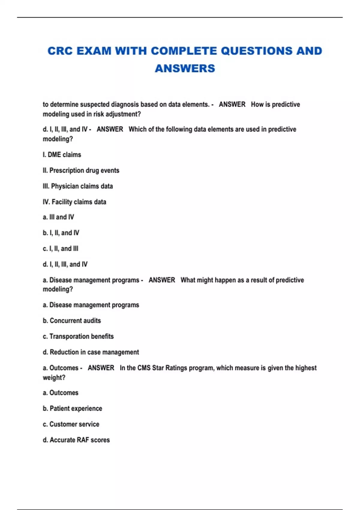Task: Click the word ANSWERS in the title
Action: point(185,68)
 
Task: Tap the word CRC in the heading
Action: point(60,51)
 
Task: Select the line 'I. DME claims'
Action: point(62,155)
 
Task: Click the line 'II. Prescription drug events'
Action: point(81,170)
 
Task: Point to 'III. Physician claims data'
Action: point(78,186)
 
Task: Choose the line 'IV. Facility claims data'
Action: point(74,202)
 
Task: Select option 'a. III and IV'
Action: point(58,217)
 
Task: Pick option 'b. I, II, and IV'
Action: point(61,233)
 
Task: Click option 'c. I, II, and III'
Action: point(60,249)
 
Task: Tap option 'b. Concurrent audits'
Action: point(72,321)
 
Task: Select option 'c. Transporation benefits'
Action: point(78,337)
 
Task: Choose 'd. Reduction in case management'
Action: point(91,352)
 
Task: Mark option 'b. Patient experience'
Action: point(72,409)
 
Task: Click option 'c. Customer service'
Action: point(71,424)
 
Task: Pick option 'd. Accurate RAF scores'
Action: point(76,440)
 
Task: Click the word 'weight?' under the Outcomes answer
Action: point(54,378)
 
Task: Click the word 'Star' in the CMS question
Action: point(158,368)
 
